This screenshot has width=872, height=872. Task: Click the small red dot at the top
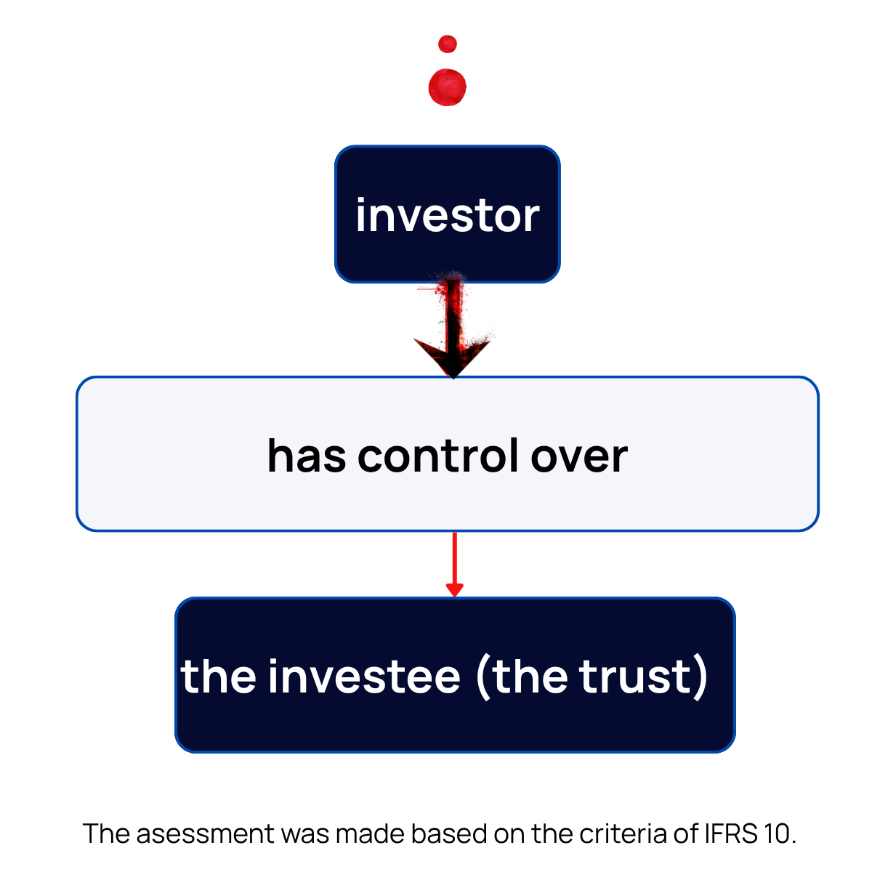(448, 44)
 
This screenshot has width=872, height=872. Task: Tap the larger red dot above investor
(448, 87)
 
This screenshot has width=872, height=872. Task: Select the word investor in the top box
(448, 216)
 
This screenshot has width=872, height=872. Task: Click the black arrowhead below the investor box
(452, 357)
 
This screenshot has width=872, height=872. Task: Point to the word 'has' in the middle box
(306, 456)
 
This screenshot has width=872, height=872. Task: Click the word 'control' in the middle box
(437, 456)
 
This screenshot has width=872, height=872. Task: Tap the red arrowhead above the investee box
(454, 589)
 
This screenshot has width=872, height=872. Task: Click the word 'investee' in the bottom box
(364, 677)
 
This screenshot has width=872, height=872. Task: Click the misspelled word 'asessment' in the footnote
(206, 833)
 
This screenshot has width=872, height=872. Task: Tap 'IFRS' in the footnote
(730, 833)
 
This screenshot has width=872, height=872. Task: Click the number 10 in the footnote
(775, 833)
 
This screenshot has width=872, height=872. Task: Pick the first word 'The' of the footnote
(106, 833)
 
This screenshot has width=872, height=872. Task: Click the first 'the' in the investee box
(217, 677)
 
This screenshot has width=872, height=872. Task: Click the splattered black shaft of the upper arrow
(453, 312)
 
